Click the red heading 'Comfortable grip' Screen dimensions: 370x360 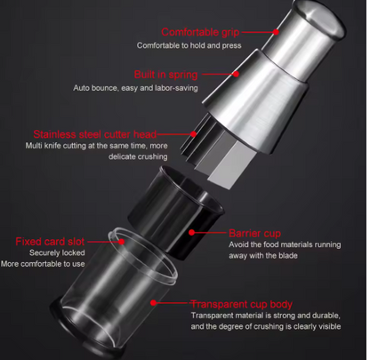200,32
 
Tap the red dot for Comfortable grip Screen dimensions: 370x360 276,32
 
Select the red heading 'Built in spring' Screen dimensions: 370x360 165,75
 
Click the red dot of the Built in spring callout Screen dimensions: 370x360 236,74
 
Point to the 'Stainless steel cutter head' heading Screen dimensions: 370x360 95,134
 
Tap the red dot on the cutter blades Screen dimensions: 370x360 194,134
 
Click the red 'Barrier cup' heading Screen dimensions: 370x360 254,233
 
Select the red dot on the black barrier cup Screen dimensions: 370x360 192,233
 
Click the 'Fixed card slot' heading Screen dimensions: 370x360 50,242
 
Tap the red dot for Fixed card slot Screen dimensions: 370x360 122,242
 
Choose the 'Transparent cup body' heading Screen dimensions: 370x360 242,304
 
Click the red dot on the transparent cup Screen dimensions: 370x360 153,303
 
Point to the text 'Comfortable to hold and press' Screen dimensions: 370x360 189,45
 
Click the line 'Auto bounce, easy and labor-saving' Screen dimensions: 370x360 135,88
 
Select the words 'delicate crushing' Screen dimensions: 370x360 138,156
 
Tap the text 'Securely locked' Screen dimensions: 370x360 57,252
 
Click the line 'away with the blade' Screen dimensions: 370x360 263,255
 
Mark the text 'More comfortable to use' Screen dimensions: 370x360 43,264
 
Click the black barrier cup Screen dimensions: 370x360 175,212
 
